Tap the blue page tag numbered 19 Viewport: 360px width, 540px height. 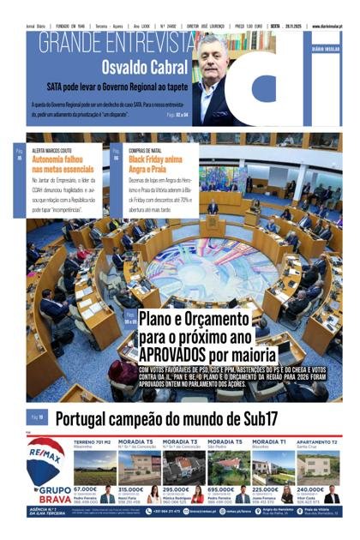(37, 418)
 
